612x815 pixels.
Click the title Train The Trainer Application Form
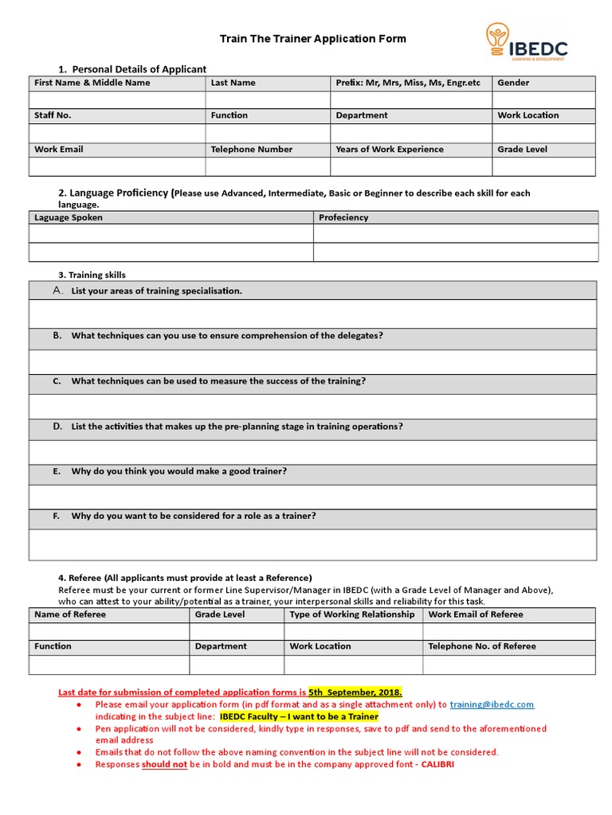pyautogui.click(x=312, y=38)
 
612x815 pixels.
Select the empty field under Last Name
pyautogui.click(x=268, y=99)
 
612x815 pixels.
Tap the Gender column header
pyautogui.click(x=513, y=83)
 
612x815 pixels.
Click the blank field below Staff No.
pyautogui.click(x=116, y=133)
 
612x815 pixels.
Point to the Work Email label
pyautogui.click(x=59, y=150)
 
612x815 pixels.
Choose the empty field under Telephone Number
pyautogui.click(x=268, y=166)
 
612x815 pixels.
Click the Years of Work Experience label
pyautogui.click(x=390, y=150)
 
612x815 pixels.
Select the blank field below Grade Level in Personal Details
pyautogui.click(x=543, y=166)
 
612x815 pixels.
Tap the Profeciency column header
pyautogui.click(x=343, y=217)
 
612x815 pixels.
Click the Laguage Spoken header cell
pyautogui.click(x=69, y=217)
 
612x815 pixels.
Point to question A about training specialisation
pyautogui.click(x=156, y=291)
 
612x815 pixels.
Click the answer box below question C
pyautogui.click(x=312, y=406)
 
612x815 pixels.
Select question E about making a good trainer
pyautogui.click(x=178, y=471)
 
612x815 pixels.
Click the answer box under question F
pyautogui.click(x=312, y=544)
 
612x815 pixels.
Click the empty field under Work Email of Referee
pyautogui.click(x=508, y=631)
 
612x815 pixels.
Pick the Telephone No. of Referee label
pyautogui.click(x=482, y=646)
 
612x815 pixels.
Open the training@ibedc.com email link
pyautogui.click(x=492, y=704)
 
